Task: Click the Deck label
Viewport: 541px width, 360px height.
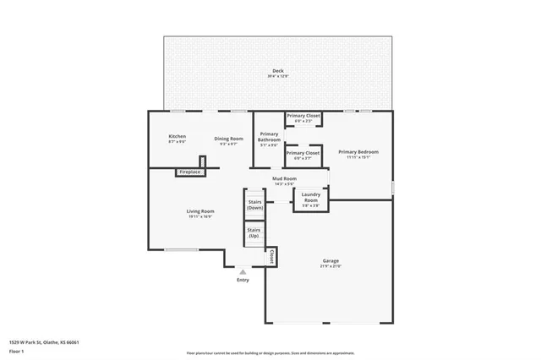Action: tap(278, 70)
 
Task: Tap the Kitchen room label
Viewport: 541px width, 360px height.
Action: tap(177, 136)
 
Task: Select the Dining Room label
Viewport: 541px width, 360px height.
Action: tap(228, 139)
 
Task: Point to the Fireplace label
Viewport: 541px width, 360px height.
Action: tap(190, 172)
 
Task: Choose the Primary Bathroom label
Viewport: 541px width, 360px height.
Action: tap(270, 137)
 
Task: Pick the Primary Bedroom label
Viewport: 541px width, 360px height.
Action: tap(358, 152)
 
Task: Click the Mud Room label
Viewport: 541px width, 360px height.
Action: tap(284, 178)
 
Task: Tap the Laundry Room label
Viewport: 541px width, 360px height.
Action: tap(311, 198)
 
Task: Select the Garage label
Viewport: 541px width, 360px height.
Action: tap(331, 260)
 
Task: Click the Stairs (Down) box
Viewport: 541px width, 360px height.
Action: tap(254, 205)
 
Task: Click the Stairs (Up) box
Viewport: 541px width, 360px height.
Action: tap(254, 232)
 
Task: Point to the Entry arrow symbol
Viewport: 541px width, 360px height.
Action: tap(243, 271)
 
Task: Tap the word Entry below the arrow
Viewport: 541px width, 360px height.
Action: tap(243, 280)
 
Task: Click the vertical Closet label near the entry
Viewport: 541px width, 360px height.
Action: tap(271, 255)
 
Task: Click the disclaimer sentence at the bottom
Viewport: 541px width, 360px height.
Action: tap(270, 353)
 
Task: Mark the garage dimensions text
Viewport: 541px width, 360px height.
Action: tap(331, 266)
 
